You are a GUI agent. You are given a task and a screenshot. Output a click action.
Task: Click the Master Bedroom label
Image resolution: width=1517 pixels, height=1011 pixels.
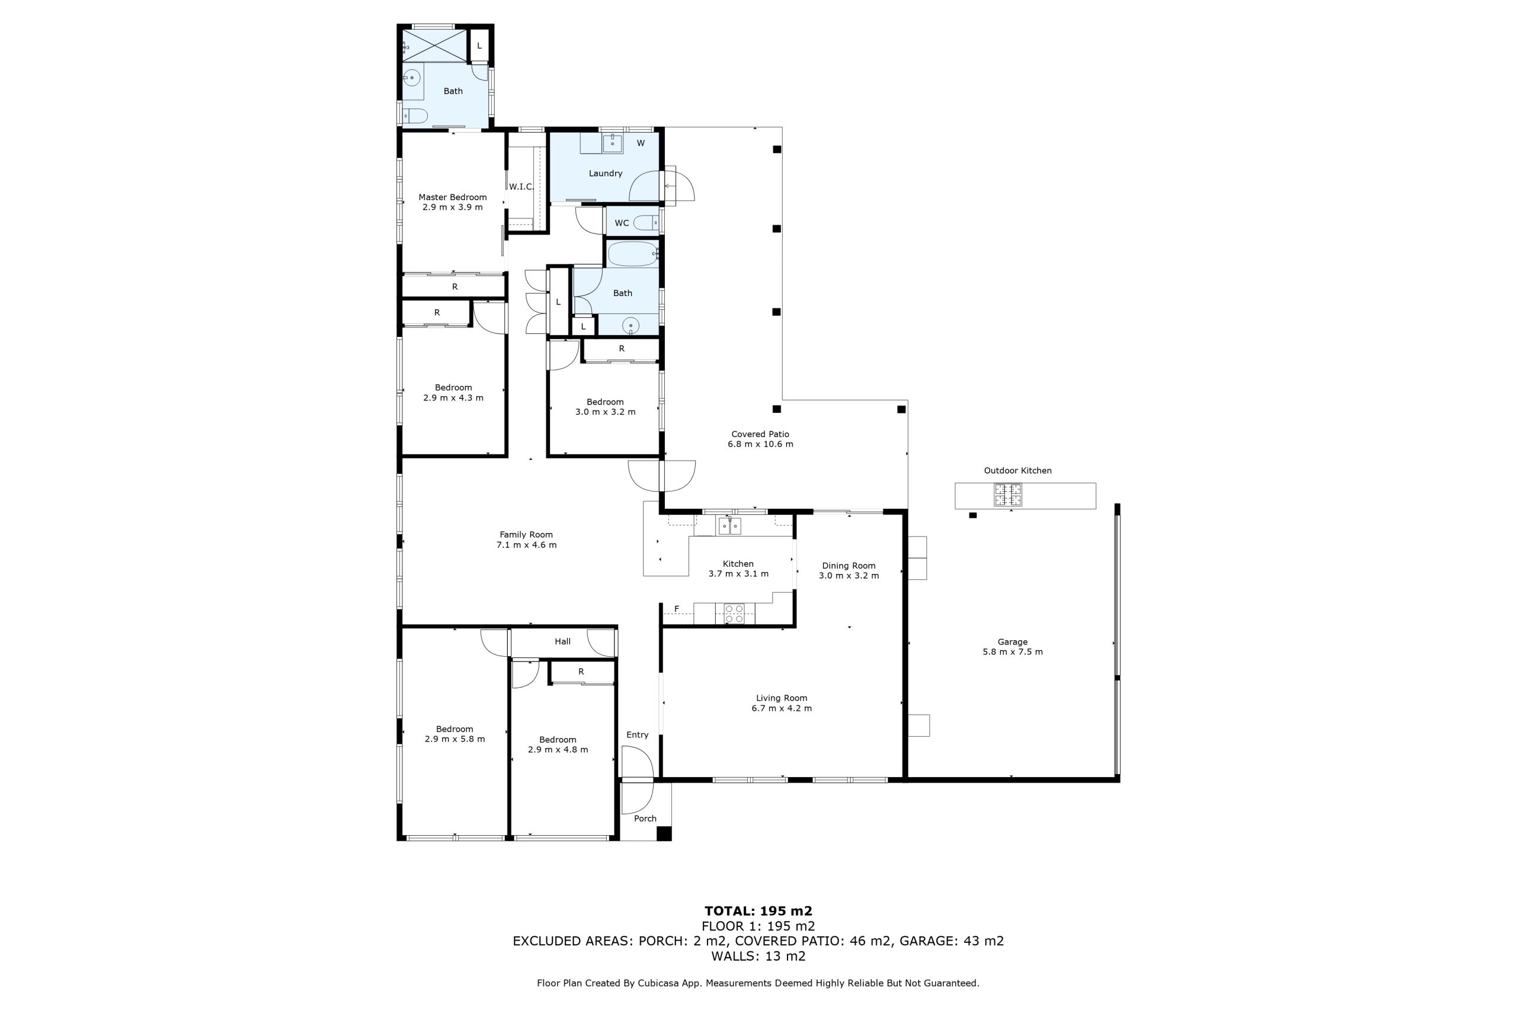click(x=452, y=197)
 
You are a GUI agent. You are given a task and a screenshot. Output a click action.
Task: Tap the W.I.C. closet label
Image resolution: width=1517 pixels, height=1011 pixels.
click(x=520, y=187)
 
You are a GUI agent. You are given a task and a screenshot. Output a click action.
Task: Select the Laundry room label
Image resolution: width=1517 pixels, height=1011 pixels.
click(x=605, y=174)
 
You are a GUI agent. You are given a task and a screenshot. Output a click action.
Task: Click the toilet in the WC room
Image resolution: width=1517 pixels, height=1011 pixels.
click(x=647, y=223)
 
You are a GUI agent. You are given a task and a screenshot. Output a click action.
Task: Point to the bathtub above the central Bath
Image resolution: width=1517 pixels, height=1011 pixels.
click(x=633, y=254)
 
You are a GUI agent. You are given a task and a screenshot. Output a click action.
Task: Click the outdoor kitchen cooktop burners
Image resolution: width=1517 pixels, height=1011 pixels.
click(x=1007, y=495)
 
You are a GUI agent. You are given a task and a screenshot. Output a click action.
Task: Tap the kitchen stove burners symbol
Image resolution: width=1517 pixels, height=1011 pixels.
click(x=734, y=613)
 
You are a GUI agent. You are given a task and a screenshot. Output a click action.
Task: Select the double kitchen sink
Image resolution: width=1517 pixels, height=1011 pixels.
click(x=730, y=527)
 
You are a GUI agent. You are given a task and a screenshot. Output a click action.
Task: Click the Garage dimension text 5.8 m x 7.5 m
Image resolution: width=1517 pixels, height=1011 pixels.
click(x=1012, y=652)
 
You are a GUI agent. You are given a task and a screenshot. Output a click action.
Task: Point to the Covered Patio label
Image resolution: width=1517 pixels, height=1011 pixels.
click(x=760, y=434)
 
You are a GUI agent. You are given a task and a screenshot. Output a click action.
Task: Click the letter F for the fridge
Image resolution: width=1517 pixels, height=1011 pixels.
click(x=677, y=609)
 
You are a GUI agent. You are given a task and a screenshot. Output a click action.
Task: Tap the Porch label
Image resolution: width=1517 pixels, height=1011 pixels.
click(x=645, y=818)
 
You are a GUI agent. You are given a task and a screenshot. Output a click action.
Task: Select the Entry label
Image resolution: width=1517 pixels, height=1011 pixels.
click(x=637, y=734)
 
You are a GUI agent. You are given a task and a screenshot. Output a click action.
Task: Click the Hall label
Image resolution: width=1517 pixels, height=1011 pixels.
click(x=562, y=641)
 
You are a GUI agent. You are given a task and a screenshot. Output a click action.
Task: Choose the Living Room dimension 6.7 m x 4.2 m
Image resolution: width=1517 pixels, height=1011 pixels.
click(x=781, y=708)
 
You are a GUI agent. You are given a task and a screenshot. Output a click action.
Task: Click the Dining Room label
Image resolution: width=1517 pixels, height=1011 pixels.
click(x=848, y=566)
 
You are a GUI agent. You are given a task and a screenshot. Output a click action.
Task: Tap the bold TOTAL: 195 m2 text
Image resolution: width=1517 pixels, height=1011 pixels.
click(x=758, y=911)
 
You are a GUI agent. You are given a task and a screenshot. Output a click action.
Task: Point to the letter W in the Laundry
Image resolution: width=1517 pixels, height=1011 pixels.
click(x=641, y=143)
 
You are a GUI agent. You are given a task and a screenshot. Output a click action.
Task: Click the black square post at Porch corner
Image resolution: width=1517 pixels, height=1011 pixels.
click(x=664, y=834)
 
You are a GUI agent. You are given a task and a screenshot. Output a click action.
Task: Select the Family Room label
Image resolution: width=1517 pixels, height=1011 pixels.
click(x=526, y=534)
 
